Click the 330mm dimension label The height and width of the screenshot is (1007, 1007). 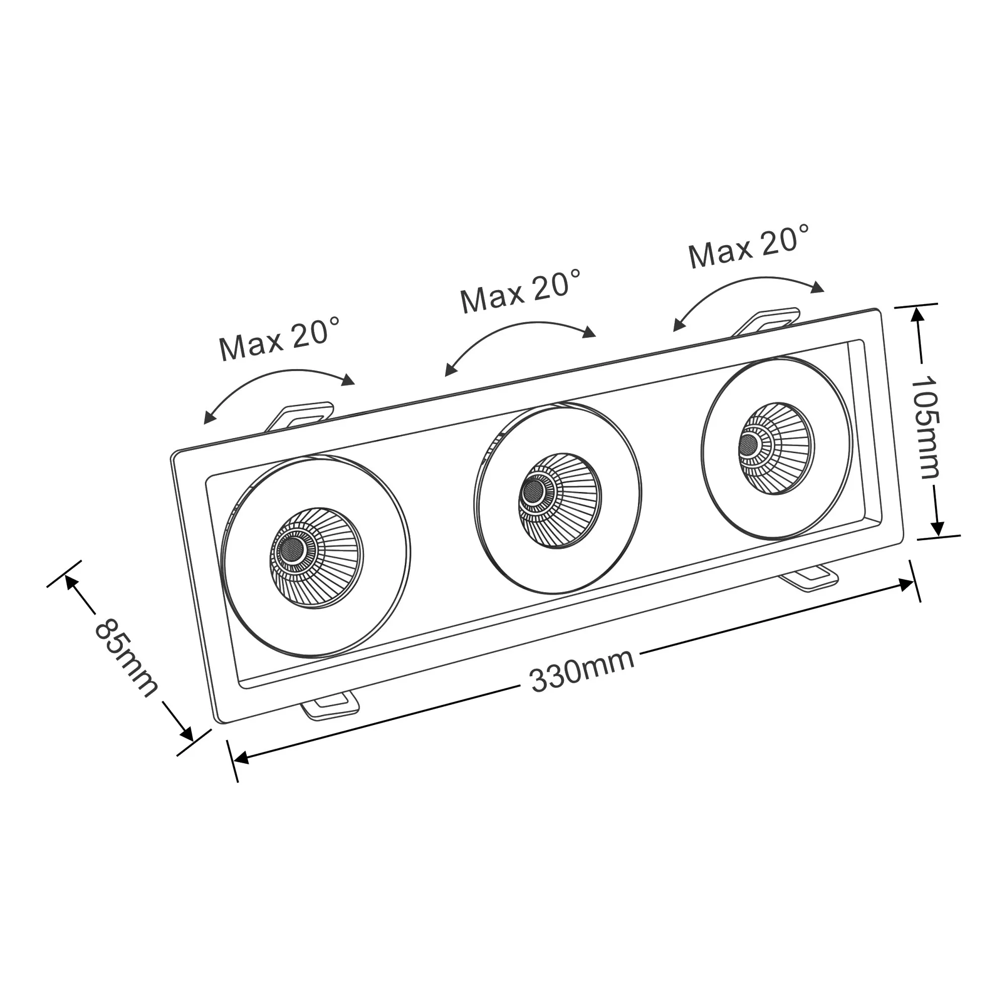(582, 672)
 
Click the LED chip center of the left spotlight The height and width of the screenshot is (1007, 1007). (291, 548)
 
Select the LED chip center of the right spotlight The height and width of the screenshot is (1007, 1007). (750, 444)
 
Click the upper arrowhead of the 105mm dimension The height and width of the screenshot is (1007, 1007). (918, 314)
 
